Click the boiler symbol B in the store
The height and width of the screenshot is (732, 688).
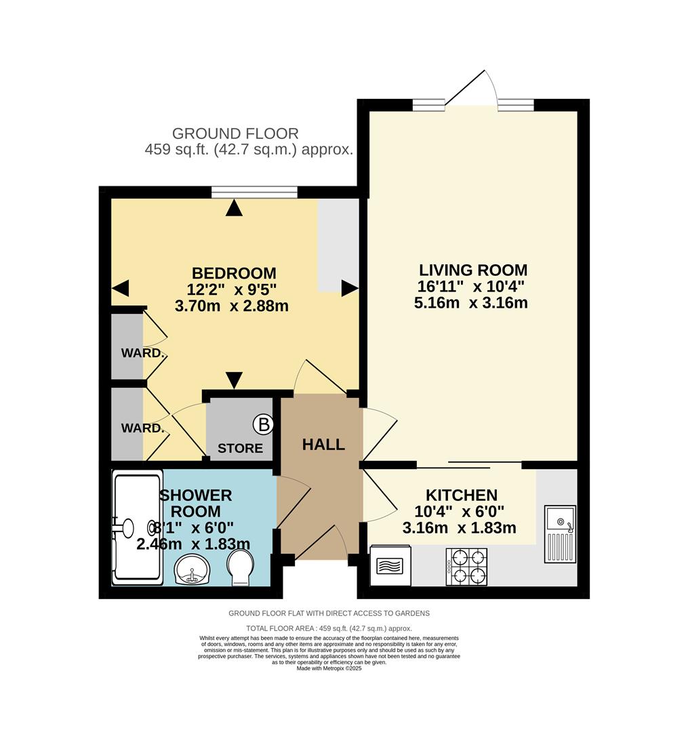(x=264, y=425)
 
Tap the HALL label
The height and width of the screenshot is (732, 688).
(x=323, y=445)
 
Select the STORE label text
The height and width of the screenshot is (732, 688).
(x=240, y=448)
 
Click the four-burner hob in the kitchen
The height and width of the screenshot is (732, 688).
(x=466, y=567)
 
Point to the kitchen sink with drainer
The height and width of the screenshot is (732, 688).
(x=560, y=534)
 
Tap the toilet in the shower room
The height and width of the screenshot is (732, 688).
(x=240, y=567)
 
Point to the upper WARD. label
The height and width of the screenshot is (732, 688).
(x=143, y=353)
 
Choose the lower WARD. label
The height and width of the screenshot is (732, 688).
(x=143, y=428)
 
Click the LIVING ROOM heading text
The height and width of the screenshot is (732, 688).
(x=472, y=270)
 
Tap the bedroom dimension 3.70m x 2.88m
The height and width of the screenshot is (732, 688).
(x=232, y=306)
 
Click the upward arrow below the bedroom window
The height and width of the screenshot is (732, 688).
(x=234, y=208)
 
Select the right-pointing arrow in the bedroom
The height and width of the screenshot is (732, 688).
(x=349, y=289)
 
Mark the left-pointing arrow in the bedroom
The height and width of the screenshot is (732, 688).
(x=120, y=289)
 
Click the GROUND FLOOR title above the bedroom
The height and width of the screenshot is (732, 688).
(x=235, y=134)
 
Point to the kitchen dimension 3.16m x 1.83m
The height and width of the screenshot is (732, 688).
(x=459, y=527)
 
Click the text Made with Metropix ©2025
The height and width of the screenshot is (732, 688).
(x=329, y=668)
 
